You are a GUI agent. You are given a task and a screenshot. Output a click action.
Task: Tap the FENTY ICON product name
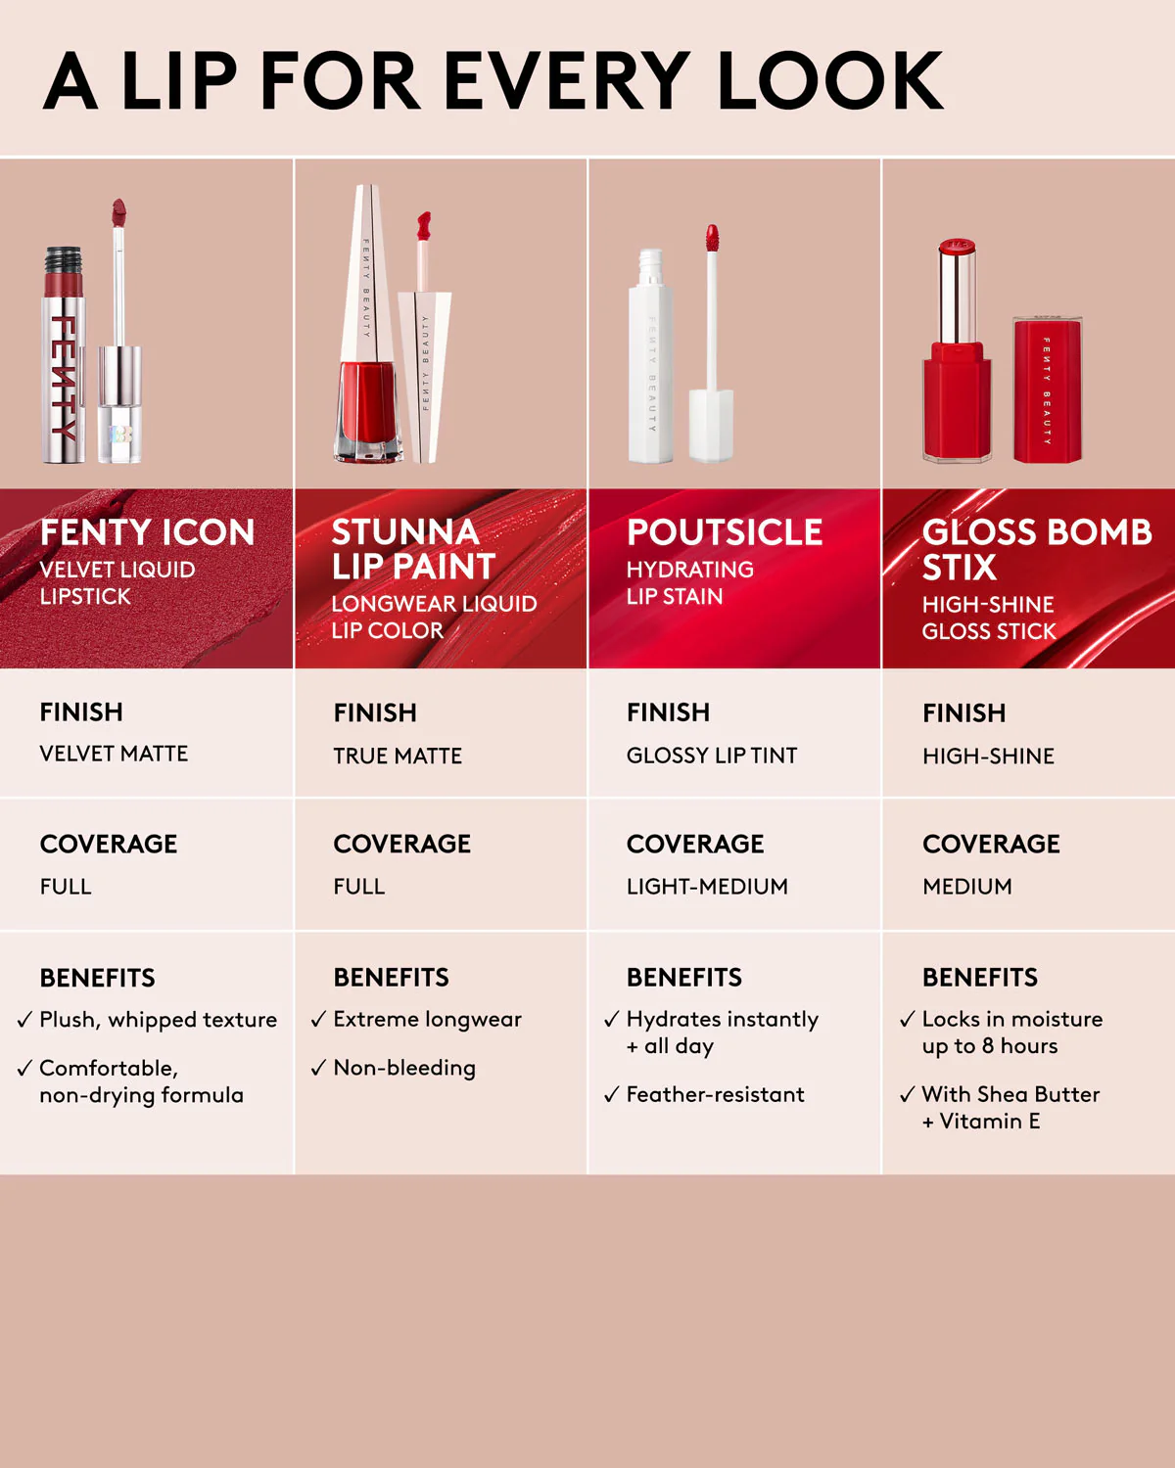point(147,532)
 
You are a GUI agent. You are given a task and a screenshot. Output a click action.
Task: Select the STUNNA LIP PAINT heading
point(413,549)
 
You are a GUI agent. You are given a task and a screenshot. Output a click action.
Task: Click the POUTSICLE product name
point(725,532)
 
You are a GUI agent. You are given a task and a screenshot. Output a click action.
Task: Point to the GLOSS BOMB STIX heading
point(1036,549)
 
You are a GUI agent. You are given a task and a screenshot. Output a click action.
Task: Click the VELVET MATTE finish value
point(114,754)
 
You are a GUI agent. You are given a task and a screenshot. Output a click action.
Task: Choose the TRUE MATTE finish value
point(398,756)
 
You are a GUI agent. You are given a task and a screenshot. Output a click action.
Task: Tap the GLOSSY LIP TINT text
point(712,756)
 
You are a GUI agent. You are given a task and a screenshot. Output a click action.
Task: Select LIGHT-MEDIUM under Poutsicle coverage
point(707,887)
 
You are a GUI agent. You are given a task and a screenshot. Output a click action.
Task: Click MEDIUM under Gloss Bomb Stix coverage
point(967,887)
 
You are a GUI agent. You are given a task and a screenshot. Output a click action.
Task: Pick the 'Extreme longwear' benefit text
point(427,1020)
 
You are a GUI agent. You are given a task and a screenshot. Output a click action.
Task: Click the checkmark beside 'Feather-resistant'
point(612,1095)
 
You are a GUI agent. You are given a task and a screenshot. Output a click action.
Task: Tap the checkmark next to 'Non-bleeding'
point(318,1069)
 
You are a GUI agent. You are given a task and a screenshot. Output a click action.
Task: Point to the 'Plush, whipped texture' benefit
point(158,1020)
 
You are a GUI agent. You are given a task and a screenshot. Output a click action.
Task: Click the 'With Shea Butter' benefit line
point(1010,1095)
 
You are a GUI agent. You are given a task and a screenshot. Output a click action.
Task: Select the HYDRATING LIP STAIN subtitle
point(689,582)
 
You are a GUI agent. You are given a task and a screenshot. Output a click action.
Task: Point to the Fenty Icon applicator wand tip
point(118,211)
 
